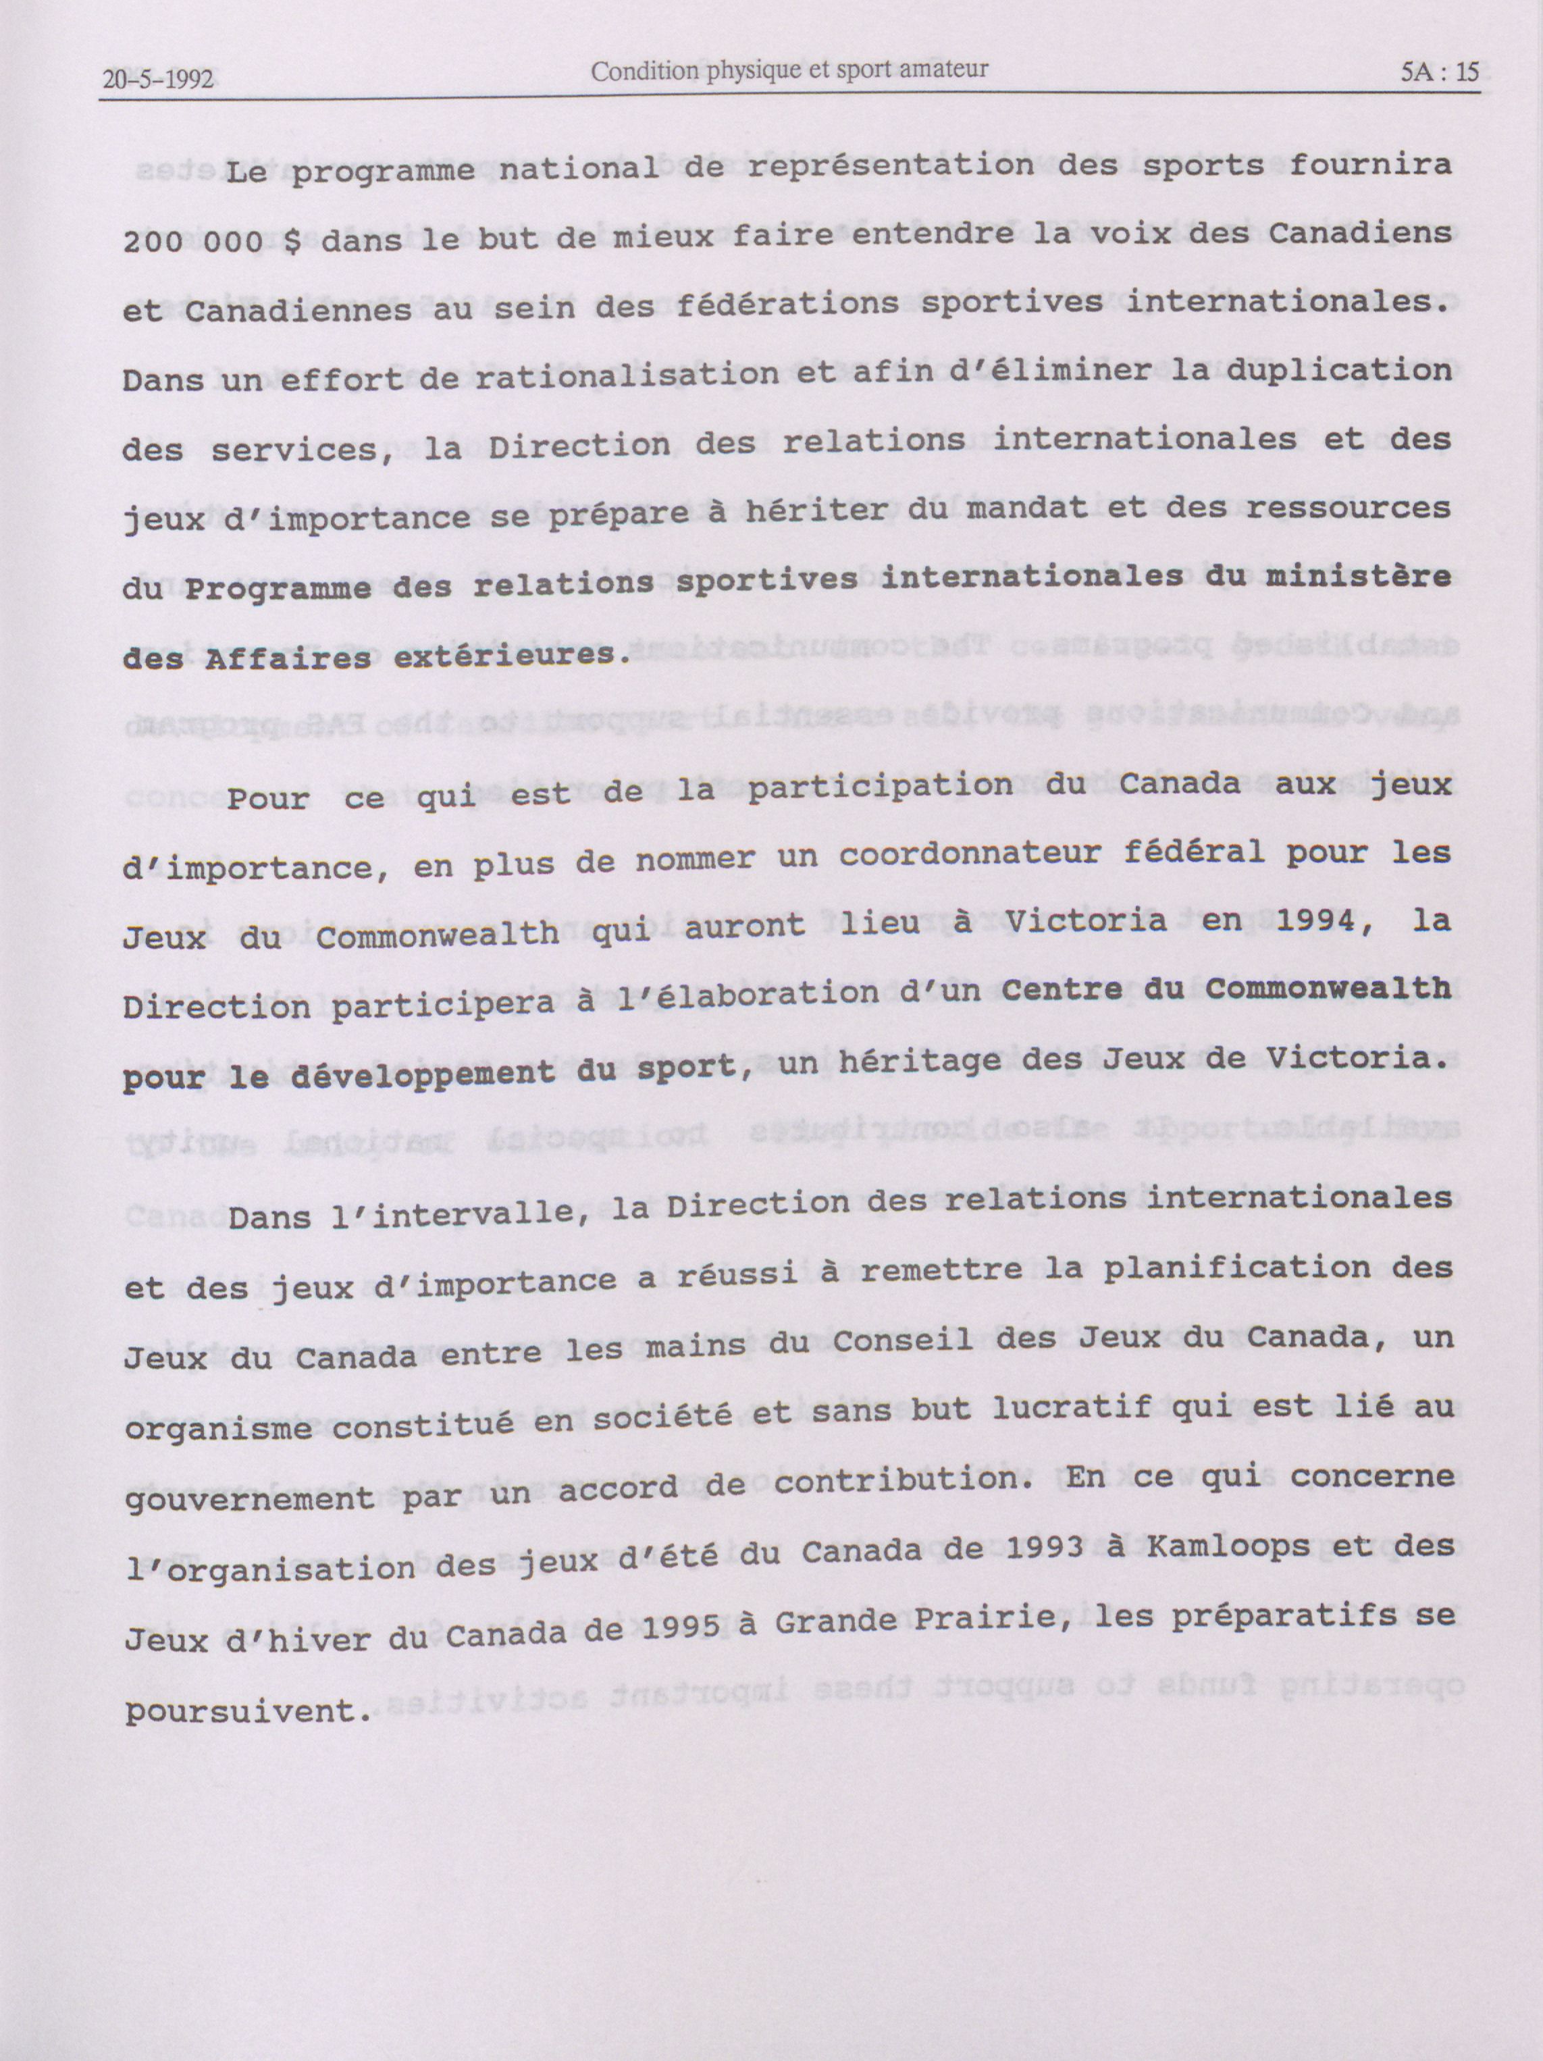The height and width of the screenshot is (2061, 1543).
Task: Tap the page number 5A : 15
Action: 1440,73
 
